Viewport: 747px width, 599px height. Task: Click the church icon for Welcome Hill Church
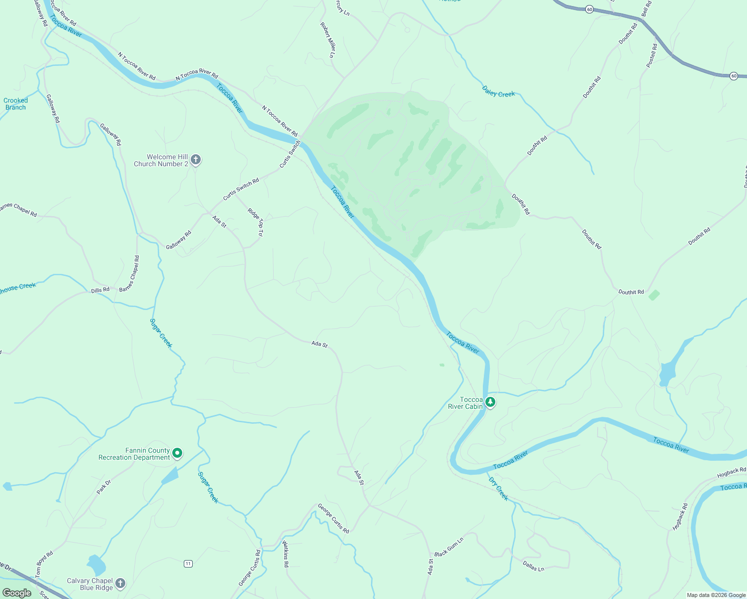pos(196,160)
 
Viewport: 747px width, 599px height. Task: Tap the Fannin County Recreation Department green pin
pos(177,454)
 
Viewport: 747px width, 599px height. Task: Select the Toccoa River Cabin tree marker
pos(490,402)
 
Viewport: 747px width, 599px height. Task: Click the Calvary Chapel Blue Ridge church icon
pos(120,583)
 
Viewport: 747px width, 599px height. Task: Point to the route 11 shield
pos(188,564)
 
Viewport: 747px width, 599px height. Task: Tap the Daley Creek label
pos(498,91)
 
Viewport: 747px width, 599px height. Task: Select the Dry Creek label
pos(498,489)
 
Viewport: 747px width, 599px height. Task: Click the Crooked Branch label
pos(15,104)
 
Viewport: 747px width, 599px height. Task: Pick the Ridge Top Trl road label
pos(255,222)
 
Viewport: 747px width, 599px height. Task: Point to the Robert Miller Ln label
pos(328,39)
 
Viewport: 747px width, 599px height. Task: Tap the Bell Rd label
pos(647,8)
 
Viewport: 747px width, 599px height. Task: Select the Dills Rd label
pos(100,290)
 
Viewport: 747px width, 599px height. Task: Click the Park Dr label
pos(104,487)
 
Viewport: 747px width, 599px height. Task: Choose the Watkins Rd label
pos(286,554)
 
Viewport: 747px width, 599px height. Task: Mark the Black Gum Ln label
pos(448,547)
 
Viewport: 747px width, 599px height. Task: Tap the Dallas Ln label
pos(533,566)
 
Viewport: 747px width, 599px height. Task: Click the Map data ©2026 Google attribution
pos(716,595)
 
